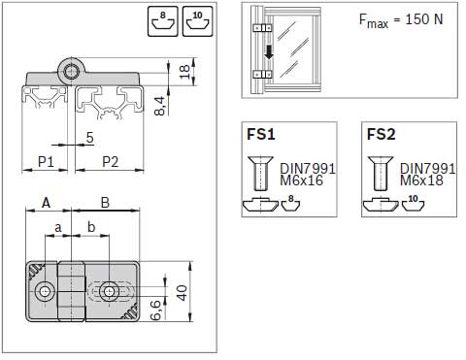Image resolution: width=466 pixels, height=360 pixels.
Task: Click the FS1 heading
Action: pyautogui.click(x=261, y=134)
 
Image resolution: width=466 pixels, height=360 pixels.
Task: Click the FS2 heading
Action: pyautogui.click(x=382, y=134)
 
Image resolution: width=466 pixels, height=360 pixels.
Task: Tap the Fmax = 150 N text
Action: pyautogui.click(x=401, y=20)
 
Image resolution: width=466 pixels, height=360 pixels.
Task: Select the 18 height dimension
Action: pyautogui.click(x=183, y=72)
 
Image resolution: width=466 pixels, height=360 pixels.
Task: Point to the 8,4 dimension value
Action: pyautogui.click(x=160, y=106)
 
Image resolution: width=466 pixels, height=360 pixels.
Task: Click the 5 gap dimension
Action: pyautogui.click(x=89, y=138)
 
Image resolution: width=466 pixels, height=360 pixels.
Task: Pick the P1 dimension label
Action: pyautogui.click(x=46, y=161)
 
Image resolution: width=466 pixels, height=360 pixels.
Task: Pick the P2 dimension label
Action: pyautogui.click(x=111, y=161)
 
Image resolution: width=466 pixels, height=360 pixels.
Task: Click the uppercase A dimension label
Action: pyautogui.click(x=47, y=203)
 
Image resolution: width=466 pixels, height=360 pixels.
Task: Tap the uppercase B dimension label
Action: pyautogui.click(x=105, y=203)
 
